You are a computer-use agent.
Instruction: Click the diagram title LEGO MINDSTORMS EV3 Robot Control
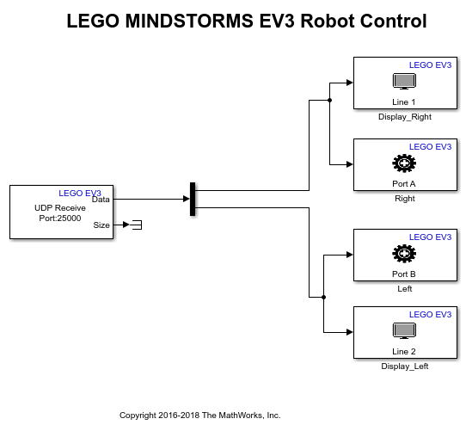pos(247,22)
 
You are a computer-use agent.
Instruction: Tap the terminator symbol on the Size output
pos(136,225)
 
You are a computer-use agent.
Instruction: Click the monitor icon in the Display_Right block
pos(403,81)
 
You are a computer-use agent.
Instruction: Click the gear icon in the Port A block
pos(403,163)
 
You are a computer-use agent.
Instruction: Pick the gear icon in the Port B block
pos(403,254)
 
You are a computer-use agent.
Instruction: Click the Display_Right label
pos(405,117)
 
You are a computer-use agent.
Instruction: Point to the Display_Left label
pos(404,366)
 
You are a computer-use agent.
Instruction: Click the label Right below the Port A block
pos(404,199)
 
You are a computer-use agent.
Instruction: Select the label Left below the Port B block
pos(404,289)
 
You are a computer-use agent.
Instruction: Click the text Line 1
pos(403,102)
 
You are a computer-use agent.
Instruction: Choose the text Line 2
pos(403,351)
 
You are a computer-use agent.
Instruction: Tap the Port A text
pos(403,183)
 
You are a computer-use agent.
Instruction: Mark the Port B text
pos(403,274)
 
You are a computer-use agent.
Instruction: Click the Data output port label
pos(101,200)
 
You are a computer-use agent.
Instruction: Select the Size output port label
pos(101,225)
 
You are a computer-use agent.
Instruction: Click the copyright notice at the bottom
pos(199,415)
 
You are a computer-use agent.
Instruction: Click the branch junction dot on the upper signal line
pos(330,101)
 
